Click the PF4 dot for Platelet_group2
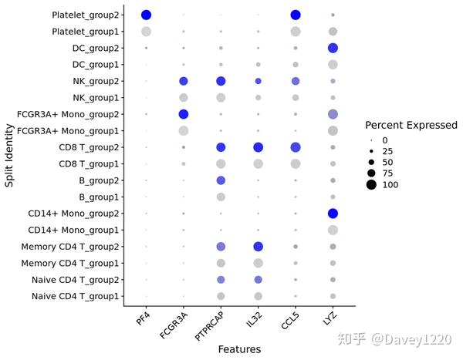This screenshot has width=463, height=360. click(146, 15)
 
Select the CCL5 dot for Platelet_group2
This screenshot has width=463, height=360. click(296, 15)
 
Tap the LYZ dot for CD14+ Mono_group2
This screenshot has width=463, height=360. click(333, 214)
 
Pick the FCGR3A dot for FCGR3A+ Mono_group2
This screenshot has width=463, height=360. click(184, 114)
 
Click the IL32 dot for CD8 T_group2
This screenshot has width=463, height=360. click(258, 147)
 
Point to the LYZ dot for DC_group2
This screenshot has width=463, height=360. click(333, 48)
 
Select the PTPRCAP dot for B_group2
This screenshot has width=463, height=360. click(221, 180)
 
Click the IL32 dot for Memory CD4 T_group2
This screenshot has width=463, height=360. click(258, 247)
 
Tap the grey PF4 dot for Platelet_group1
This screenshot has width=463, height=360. click(146, 32)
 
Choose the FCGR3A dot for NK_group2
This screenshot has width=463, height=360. click(184, 81)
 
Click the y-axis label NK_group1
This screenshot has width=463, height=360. click(94, 98)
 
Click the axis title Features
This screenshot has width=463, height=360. click(239, 349)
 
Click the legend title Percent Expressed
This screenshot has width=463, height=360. click(411, 125)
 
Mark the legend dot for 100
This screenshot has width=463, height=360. click(371, 185)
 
